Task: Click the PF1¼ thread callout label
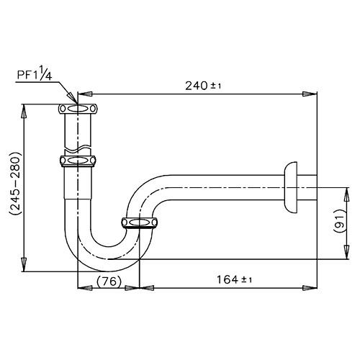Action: tap(35, 73)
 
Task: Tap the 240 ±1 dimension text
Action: tap(203, 86)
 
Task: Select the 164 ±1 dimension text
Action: tap(234, 279)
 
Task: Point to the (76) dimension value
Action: tap(109, 281)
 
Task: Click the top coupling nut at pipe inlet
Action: tap(78, 109)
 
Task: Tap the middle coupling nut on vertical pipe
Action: tap(78, 161)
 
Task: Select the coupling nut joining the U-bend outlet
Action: tap(139, 222)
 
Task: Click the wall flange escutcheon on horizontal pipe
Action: tap(291, 187)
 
